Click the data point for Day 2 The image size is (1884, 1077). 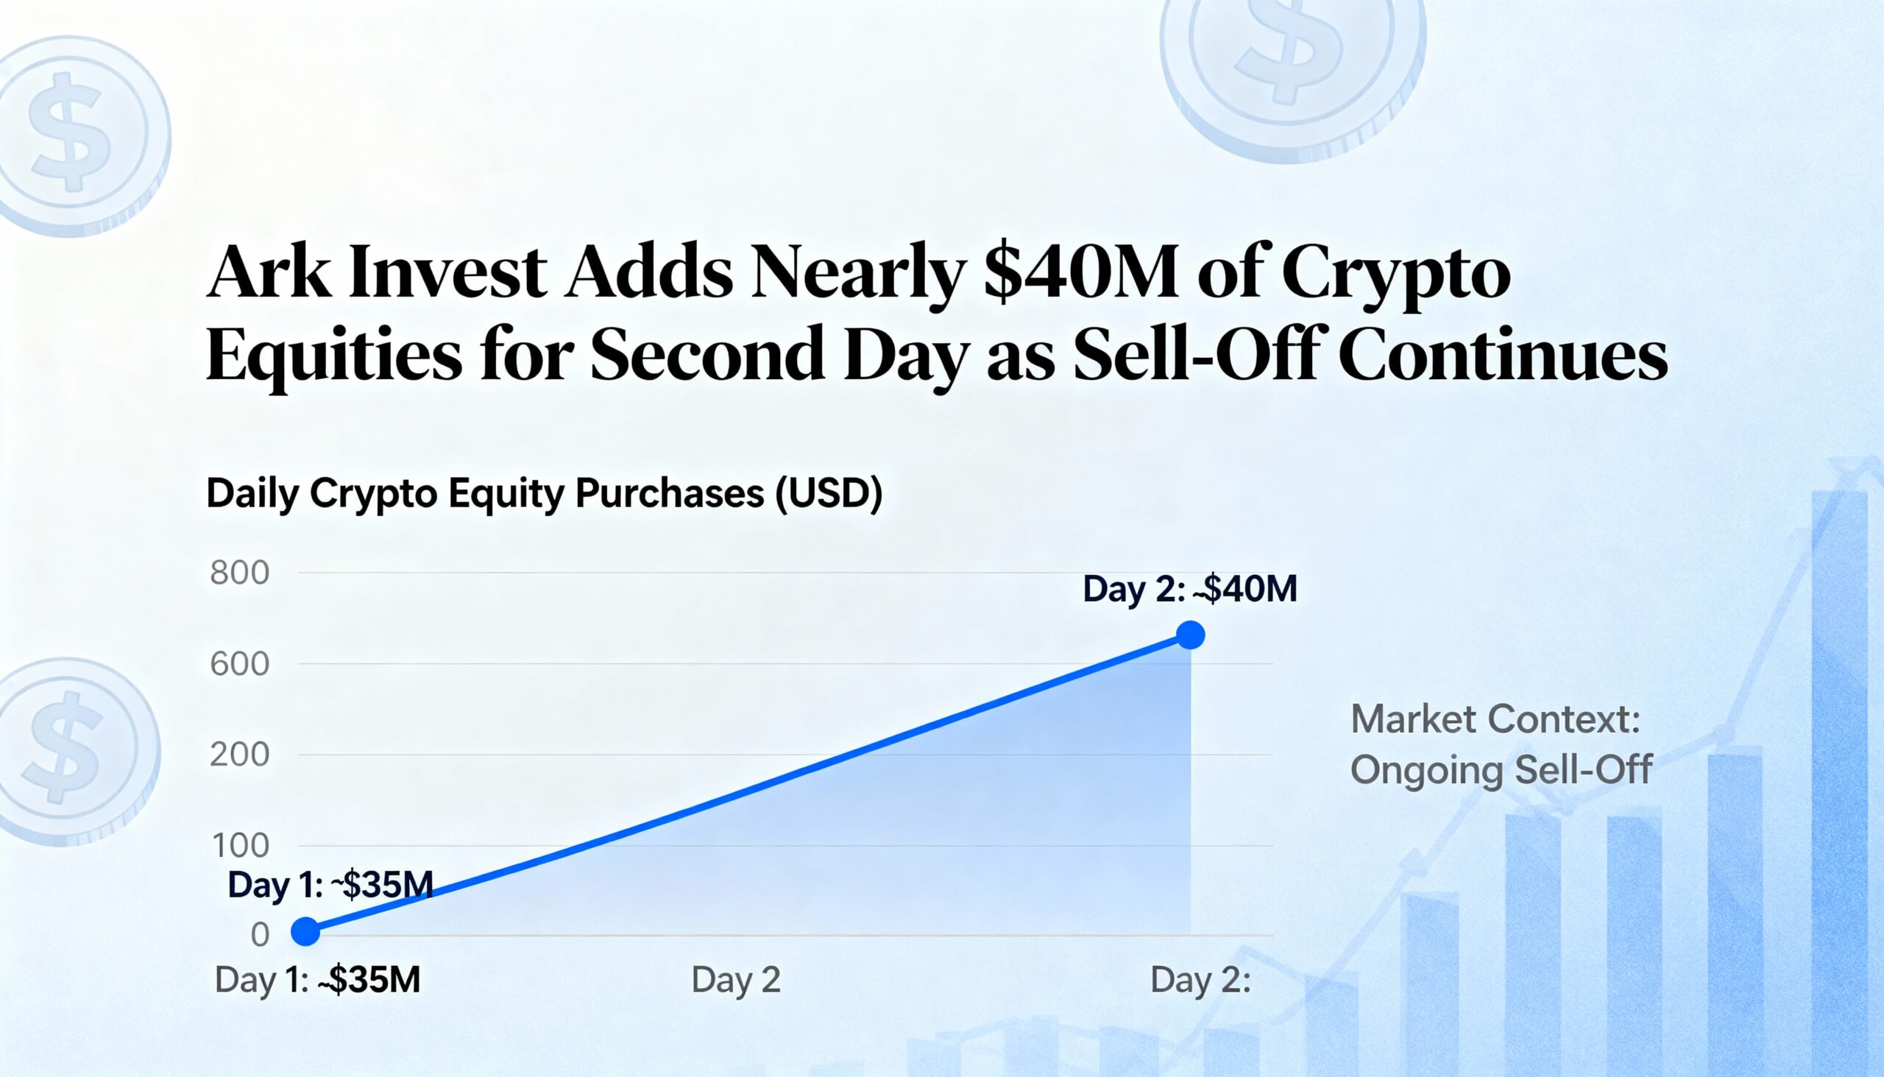pos(1190,635)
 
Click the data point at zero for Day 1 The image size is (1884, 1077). pos(305,931)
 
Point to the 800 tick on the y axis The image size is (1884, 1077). pos(239,573)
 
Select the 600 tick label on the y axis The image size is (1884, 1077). pos(239,664)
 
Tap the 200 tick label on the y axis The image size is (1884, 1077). pos(239,755)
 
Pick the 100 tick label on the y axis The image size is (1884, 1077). pos(241,845)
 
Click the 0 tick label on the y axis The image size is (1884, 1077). pos(260,935)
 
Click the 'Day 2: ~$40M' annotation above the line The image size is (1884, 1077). pos(1190,590)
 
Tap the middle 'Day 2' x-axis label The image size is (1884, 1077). pos(736,980)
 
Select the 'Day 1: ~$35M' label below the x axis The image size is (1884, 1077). pos(317,980)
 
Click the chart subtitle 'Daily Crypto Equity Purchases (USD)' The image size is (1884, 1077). pos(544,493)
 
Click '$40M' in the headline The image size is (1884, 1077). pos(1081,272)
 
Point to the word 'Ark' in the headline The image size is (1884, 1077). pos(268,272)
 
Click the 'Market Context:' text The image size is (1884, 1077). pos(1495,719)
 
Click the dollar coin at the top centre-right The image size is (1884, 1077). pos(1292,66)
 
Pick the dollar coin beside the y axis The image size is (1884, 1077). pos(70,751)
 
